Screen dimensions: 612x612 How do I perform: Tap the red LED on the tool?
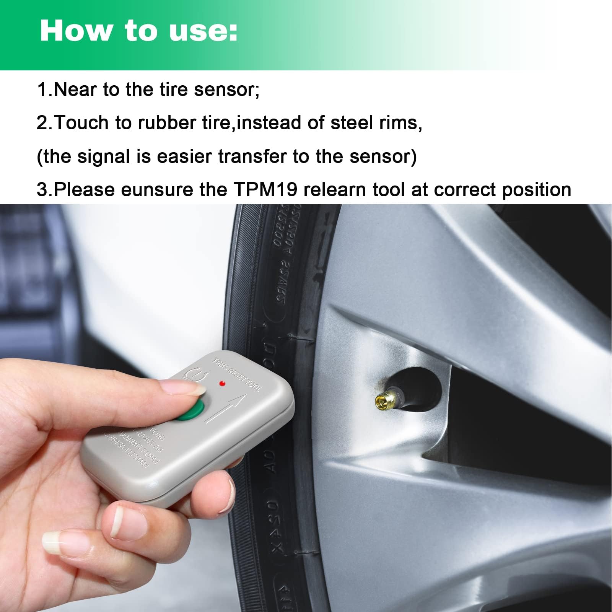click(222, 383)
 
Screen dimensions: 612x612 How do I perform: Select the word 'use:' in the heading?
click(203, 31)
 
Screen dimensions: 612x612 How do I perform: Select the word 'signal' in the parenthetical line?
click(103, 156)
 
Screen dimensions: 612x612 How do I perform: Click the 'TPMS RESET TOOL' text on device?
click(237, 375)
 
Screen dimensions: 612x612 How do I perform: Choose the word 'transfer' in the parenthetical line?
click(252, 156)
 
